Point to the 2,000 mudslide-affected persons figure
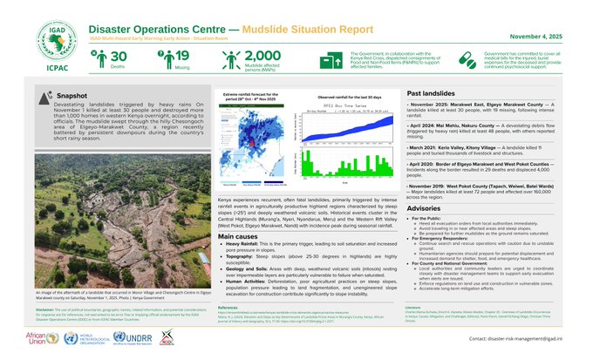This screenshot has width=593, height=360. click(x=262, y=57)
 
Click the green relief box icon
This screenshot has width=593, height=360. click(x=327, y=60)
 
